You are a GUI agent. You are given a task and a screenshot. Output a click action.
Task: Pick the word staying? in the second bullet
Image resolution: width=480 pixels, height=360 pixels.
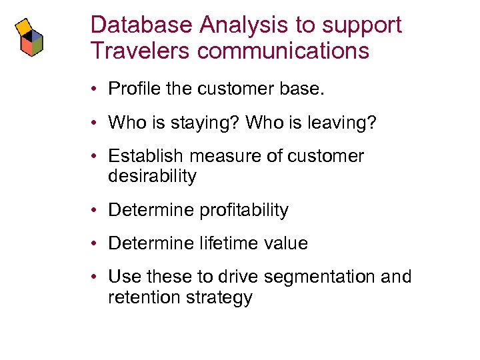205,123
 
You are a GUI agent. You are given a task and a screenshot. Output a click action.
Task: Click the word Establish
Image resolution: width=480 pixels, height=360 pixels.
145,156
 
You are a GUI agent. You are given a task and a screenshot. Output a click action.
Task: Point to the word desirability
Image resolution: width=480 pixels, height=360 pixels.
152,176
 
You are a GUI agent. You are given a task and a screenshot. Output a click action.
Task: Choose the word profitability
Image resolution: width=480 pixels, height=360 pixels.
243,210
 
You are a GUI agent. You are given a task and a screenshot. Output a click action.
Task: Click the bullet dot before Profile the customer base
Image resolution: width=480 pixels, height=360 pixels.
97,89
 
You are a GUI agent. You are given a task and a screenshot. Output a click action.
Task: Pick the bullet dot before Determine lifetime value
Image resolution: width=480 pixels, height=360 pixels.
97,244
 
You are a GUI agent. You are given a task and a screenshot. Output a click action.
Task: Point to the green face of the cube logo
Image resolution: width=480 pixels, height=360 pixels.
37,45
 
